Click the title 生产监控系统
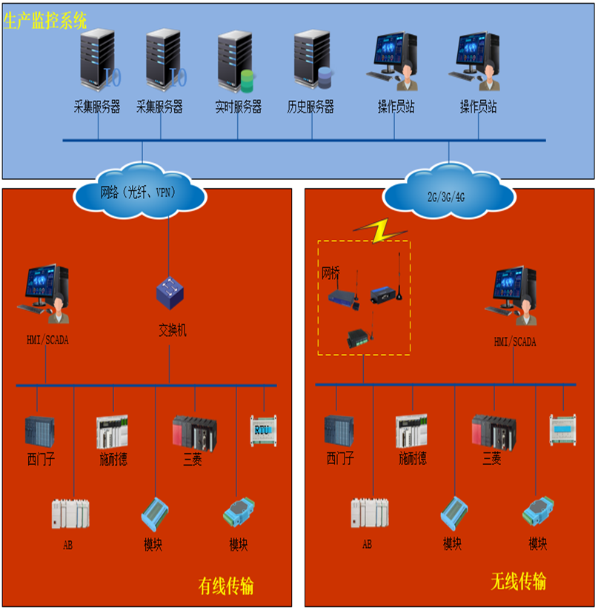[45, 20]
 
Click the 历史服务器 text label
[310, 107]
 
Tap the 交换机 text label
[172, 329]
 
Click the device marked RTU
[262, 429]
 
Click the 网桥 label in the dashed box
[330, 272]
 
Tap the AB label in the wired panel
[68, 546]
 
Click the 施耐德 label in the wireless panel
[413, 459]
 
